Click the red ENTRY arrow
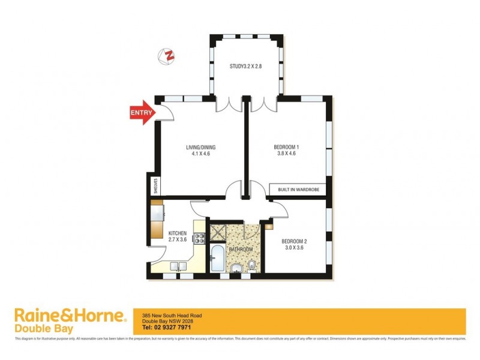click(141, 113)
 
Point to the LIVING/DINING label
click(200, 150)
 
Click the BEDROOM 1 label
click(286, 150)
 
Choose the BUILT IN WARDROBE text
click(298, 190)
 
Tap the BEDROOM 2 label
click(295, 246)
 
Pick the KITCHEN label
click(178, 236)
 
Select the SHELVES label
click(154, 184)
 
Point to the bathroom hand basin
click(238, 268)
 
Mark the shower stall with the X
click(216, 231)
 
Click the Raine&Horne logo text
click(70, 316)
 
